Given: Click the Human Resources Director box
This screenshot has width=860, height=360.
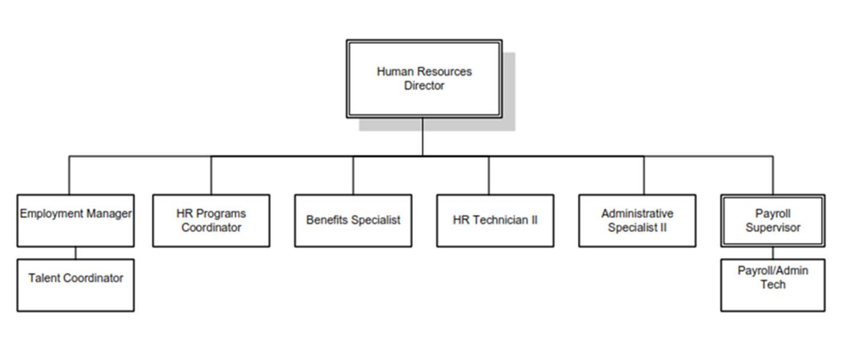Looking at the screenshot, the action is point(424,78).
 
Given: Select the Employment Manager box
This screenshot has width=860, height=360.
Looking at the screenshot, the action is point(76,220).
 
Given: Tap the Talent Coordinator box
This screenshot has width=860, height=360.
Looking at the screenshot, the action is point(76,285).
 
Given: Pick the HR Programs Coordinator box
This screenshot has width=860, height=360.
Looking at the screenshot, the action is point(211,220).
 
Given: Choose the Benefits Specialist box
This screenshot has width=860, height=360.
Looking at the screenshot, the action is point(353,220).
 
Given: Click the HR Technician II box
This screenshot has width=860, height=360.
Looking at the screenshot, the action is point(495,220).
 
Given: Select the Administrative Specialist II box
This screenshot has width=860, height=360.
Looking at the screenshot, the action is point(637,220).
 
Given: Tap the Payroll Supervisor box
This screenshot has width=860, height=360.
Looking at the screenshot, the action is point(773,220).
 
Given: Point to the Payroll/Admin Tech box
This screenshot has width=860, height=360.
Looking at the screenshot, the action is point(773,285).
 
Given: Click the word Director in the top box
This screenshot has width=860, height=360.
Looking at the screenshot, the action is point(424,86).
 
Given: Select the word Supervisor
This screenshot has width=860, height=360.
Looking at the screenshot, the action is point(773,228).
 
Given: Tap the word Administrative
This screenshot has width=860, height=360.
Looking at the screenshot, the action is point(637,213).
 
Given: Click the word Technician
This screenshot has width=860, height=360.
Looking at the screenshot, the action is point(500,220).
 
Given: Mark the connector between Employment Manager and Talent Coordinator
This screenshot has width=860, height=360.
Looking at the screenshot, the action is point(76,253).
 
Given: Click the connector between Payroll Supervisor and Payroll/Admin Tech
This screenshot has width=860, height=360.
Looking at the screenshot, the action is point(773,253).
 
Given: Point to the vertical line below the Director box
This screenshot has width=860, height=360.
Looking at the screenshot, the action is point(423,137).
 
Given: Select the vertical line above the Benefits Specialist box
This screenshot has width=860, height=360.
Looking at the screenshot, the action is point(353,175).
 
